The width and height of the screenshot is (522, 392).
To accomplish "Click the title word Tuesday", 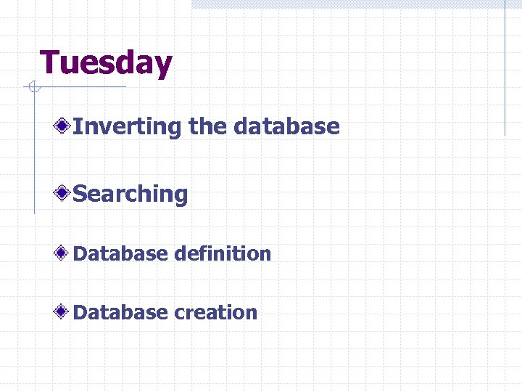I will pos(106,63).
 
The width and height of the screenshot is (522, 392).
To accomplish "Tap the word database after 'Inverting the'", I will pos(286,126).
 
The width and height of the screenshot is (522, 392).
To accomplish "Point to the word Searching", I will pos(130,194).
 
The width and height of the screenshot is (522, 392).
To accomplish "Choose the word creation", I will pos(215,312).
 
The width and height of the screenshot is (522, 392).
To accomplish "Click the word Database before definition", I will pos(120,253).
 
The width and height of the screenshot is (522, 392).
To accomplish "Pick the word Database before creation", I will pos(120,312).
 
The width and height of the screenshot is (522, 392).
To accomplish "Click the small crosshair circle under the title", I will pos(33,88).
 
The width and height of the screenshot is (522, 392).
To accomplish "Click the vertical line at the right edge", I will pos(505,69).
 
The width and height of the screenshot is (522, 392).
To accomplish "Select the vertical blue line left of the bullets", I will pos(33,152).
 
